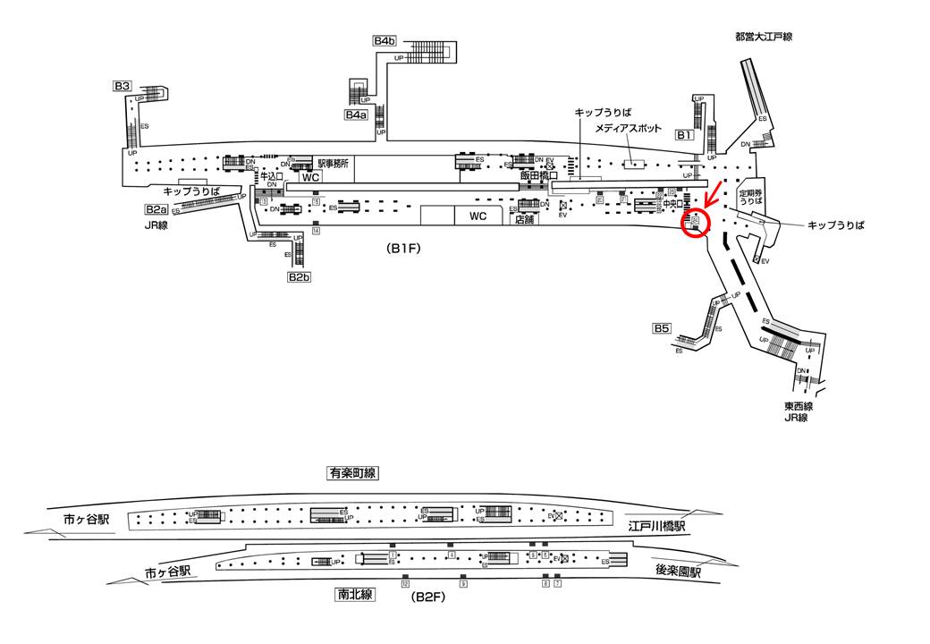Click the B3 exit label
click(x=123, y=86)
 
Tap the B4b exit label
click(x=385, y=41)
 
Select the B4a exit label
click(x=357, y=114)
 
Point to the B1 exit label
click(x=683, y=135)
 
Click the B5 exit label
click(x=662, y=328)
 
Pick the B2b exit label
click(x=299, y=277)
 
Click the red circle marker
click(x=695, y=223)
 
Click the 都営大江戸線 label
click(x=764, y=37)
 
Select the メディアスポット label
click(x=631, y=129)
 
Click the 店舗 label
click(x=523, y=220)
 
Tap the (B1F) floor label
click(x=405, y=250)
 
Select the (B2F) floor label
click(x=426, y=595)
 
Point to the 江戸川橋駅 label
click(x=656, y=527)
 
